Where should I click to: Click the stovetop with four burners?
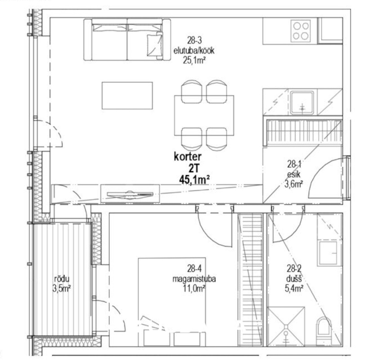301,31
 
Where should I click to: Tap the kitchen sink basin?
302,103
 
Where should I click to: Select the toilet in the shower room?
324,331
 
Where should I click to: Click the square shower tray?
286,326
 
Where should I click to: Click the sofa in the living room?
127,40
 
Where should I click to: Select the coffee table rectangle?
127,95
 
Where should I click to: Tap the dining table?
204,116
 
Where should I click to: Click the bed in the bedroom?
172,302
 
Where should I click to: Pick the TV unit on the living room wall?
130,193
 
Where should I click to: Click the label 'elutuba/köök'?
194,51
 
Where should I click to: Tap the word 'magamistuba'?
194,279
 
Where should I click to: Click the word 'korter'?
188,157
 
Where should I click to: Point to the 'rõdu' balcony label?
62,279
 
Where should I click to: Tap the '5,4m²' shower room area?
294,288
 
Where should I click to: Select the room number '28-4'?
194,269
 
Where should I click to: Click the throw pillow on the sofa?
154,45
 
